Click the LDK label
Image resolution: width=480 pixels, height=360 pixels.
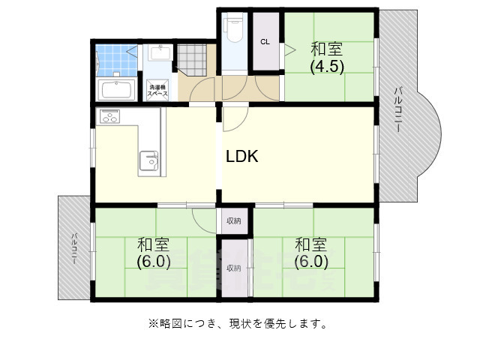pos(242,157)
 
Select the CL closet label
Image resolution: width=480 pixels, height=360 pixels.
pos(265,42)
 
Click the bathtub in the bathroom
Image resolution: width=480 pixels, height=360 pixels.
pos(117,91)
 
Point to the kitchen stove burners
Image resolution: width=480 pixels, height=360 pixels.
pos(110,117)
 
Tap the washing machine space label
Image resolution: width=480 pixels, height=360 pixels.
pos(157,91)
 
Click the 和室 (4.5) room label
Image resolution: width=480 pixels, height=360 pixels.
pos(327,57)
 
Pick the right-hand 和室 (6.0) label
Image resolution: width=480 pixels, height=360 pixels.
pos(310,253)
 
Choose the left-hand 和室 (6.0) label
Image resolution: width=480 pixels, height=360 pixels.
pos(153,253)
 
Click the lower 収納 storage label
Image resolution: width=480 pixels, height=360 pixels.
pos(234,268)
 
